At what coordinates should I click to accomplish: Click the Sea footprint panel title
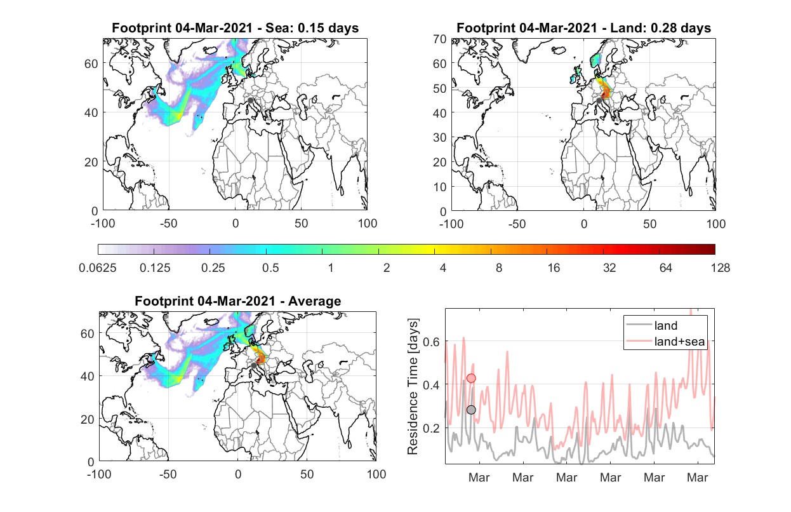(x=235, y=28)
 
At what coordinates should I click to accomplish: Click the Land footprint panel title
(x=583, y=28)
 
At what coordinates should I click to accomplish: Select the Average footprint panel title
(x=237, y=301)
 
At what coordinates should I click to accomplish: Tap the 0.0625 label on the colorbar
(x=98, y=268)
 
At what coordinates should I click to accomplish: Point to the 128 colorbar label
(x=720, y=268)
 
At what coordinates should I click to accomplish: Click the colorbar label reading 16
(x=554, y=268)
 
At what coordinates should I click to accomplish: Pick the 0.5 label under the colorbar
(x=270, y=268)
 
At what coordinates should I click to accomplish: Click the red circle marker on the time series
(x=471, y=378)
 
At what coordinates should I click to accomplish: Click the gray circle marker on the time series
(x=471, y=410)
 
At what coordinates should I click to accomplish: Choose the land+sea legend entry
(x=665, y=341)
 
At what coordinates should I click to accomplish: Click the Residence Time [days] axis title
(x=413, y=387)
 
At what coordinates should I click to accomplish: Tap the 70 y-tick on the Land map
(x=440, y=39)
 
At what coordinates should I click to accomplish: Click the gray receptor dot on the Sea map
(x=250, y=100)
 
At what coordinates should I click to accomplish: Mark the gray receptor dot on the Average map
(x=254, y=365)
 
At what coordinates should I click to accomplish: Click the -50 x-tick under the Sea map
(x=168, y=224)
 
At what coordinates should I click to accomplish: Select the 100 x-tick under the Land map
(x=716, y=224)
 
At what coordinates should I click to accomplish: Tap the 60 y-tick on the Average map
(x=87, y=333)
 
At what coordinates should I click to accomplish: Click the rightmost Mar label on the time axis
(x=697, y=477)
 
